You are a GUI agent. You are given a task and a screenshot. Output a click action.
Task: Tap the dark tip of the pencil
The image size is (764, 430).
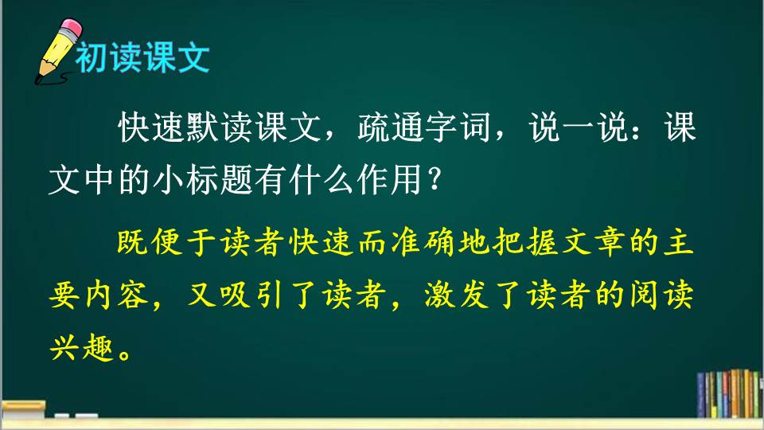pyautogui.click(x=38, y=80)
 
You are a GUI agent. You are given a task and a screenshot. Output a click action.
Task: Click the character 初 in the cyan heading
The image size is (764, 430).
pyautogui.click(x=92, y=57)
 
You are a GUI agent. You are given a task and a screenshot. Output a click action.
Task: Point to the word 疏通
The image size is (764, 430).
pyautogui.click(x=391, y=127)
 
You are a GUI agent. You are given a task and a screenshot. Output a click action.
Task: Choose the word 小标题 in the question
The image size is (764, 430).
pyautogui.click(x=202, y=180)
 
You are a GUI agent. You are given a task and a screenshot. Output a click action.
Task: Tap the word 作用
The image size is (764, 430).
pyautogui.click(x=389, y=180)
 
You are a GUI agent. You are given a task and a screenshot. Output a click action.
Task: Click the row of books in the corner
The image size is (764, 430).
pyautogui.click(x=729, y=394)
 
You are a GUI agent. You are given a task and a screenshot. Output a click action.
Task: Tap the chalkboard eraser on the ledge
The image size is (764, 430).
pyautogui.click(x=23, y=409)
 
